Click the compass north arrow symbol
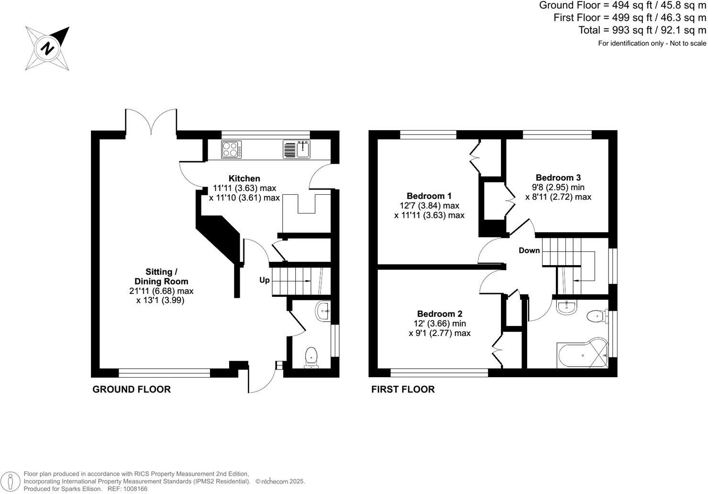pos(47,48)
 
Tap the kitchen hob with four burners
pos(231,149)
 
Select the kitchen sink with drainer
pos(297,149)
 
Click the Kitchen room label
pos(244,179)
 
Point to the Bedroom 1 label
pos(429,196)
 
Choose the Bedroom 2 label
pos(439,314)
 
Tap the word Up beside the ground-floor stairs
pos(265,280)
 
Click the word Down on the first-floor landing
pos(529,250)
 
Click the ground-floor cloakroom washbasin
pos(323,312)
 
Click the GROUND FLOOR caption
pos(131,389)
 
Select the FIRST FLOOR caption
pos(403,389)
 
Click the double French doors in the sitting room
pos(151,122)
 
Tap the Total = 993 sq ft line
pos(642,30)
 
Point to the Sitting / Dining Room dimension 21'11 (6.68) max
pos(158,291)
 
